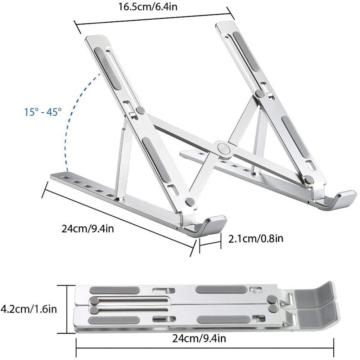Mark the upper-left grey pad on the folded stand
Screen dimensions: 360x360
click(x=114, y=290)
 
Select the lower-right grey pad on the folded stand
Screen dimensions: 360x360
click(x=223, y=319)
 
